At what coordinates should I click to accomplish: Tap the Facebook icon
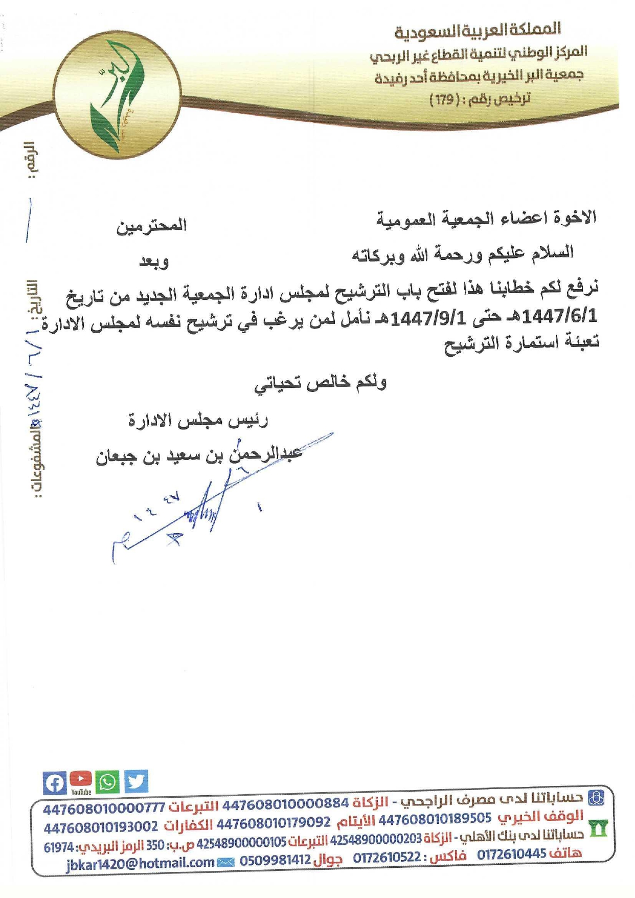[x=54, y=782]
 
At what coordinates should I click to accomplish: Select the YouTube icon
[x=81, y=781]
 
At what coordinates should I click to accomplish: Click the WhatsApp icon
[x=107, y=782]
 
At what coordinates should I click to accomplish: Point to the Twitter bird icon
[x=135, y=781]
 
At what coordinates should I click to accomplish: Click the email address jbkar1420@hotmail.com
[x=140, y=863]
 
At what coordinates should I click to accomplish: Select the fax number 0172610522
[x=387, y=856]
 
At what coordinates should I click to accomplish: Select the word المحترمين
[x=151, y=226]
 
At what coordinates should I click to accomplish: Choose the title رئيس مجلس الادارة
[x=198, y=421]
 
